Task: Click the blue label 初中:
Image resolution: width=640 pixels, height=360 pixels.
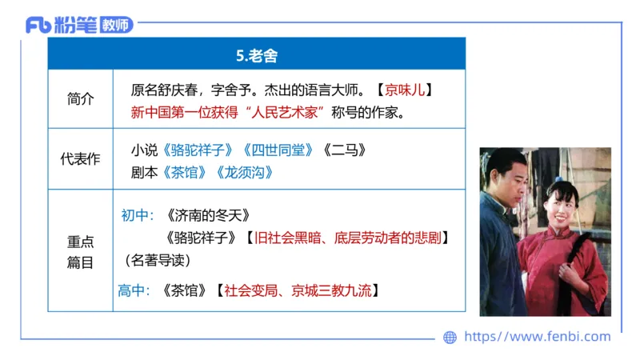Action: coord(137,215)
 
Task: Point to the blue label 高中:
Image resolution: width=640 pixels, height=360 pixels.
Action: coord(134,290)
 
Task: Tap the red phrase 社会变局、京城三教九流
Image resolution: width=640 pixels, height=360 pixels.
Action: coord(301,290)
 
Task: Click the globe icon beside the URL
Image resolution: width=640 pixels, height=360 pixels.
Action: coord(450,338)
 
